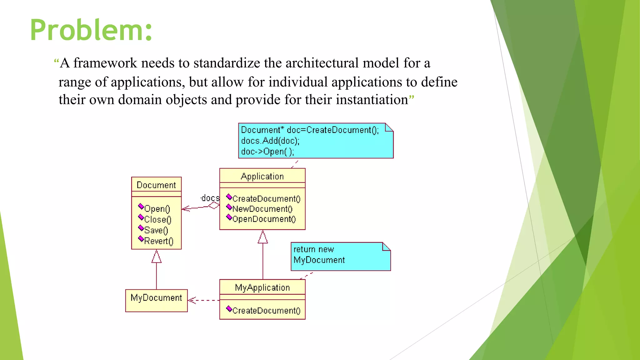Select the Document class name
click(156, 185)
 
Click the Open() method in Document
click(157, 209)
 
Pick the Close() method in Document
click(157, 219)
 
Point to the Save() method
click(156, 230)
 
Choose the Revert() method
click(158, 241)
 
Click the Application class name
click(262, 177)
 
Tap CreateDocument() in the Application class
click(266, 199)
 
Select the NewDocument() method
click(262, 209)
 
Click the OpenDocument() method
click(264, 219)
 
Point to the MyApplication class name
click(262, 288)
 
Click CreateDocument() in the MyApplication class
click(266, 311)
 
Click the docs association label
click(210, 198)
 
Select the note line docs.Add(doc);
click(270, 141)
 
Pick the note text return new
click(313, 249)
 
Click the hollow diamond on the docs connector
click(214, 205)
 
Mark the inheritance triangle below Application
click(263, 237)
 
